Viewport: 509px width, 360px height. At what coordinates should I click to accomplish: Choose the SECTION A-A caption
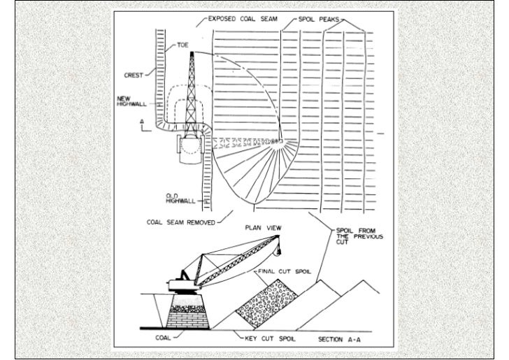[340, 339]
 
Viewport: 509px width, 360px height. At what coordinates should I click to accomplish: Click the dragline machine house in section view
[181, 282]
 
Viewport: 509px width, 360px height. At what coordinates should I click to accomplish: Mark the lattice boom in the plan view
[191, 84]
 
